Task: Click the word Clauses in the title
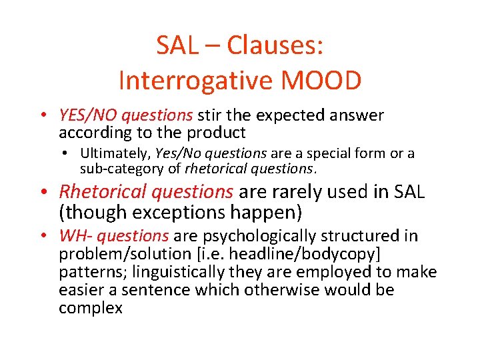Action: (x=275, y=45)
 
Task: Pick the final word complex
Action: (x=91, y=308)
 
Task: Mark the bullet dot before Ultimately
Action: (x=69, y=153)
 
